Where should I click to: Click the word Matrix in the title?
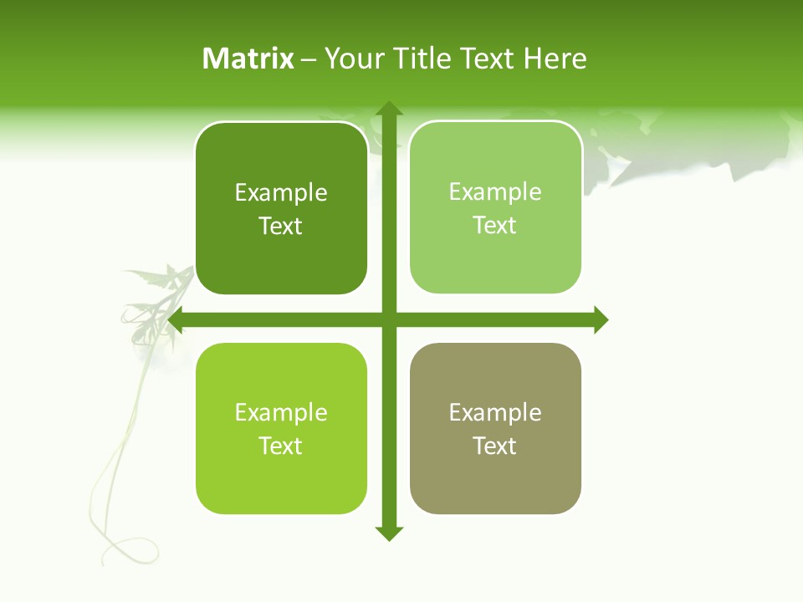(x=248, y=59)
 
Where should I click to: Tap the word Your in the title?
(x=354, y=59)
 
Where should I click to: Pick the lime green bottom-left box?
(x=281, y=485)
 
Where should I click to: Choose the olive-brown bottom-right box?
(x=495, y=485)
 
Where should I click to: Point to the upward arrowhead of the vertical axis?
(x=389, y=109)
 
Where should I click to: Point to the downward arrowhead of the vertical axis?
(x=389, y=533)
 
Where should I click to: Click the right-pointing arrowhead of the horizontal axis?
(x=601, y=319)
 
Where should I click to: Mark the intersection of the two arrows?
(x=389, y=319)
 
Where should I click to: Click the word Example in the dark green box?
(x=281, y=193)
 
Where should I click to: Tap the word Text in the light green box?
(x=495, y=226)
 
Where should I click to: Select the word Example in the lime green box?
(x=281, y=413)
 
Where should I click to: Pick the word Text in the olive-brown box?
(x=495, y=446)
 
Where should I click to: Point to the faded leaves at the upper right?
(x=694, y=150)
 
